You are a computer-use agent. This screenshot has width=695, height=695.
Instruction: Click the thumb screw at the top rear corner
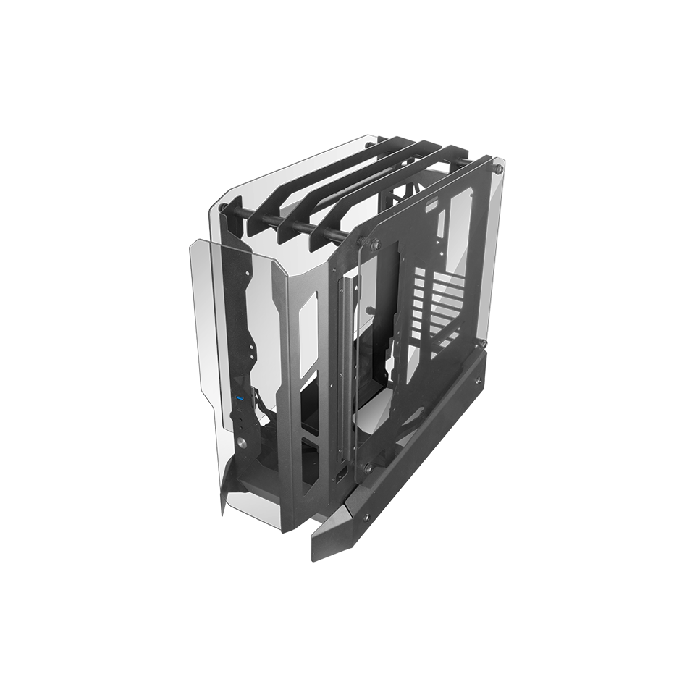coord(498,169)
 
